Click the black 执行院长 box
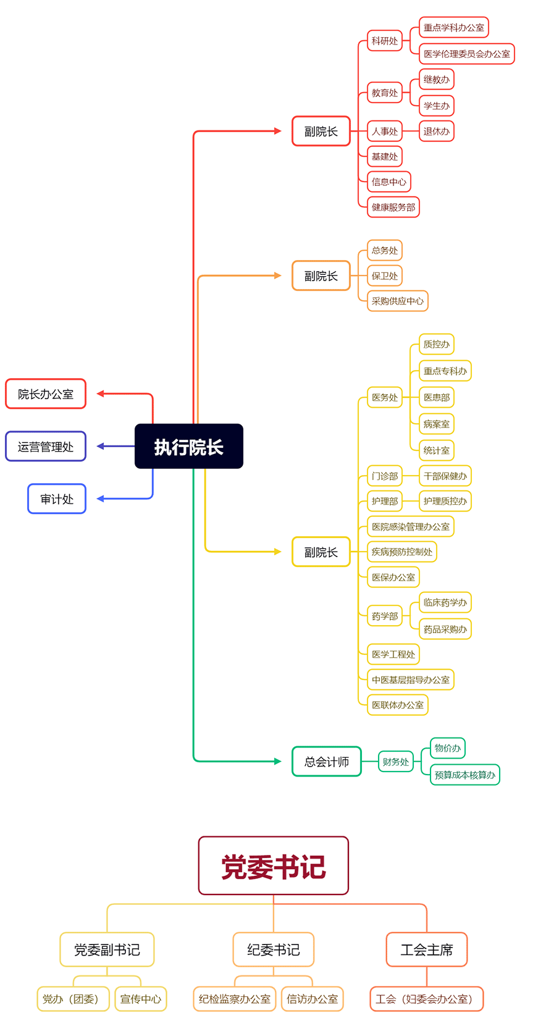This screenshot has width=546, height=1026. click(188, 446)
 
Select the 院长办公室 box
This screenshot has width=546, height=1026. click(46, 394)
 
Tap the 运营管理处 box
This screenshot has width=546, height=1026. click(46, 447)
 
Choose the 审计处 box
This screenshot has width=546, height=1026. click(57, 499)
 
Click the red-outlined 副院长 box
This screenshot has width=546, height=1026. click(321, 131)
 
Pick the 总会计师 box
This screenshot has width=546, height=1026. click(326, 762)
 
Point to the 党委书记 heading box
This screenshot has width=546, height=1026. click(273, 866)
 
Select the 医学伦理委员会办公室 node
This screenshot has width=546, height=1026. click(466, 54)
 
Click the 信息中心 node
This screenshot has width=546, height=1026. click(388, 182)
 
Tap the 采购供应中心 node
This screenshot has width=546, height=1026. click(397, 301)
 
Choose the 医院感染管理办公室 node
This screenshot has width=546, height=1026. click(410, 527)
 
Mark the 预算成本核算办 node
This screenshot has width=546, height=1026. click(464, 775)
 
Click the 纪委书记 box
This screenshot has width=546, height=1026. click(273, 949)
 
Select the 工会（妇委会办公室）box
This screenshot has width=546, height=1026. click(426, 999)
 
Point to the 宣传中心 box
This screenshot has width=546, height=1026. click(140, 999)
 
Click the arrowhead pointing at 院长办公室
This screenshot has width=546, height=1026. click(100, 393)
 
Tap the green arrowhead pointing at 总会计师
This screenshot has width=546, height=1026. click(278, 762)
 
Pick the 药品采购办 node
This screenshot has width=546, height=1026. click(445, 629)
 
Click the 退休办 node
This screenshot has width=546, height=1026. click(436, 131)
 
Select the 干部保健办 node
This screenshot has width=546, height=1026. click(445, 476)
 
